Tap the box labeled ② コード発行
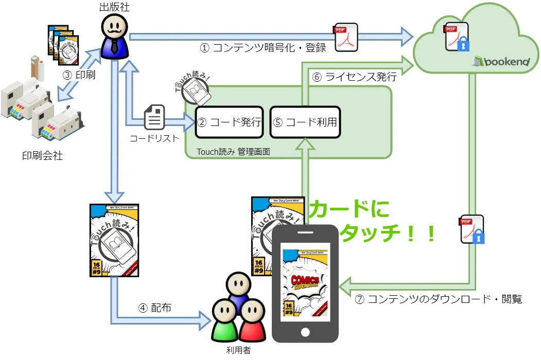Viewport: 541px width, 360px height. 229,122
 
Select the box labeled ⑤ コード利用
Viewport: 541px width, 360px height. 305,122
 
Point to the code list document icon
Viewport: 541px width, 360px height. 153,117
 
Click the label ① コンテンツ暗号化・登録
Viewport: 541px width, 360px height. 263,48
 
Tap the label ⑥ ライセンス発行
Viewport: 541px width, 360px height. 354,78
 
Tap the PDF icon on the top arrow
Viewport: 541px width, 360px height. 346,37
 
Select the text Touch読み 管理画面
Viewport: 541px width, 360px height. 233,152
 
